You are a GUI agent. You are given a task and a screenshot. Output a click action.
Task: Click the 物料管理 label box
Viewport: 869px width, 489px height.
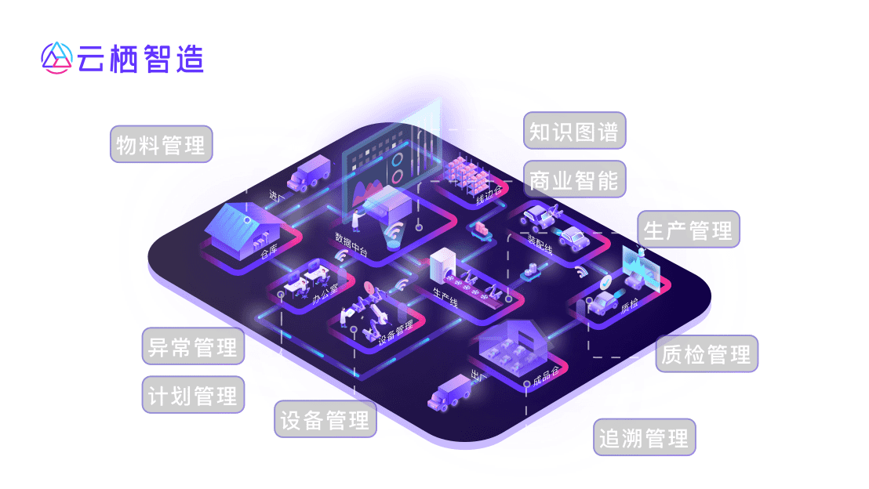click(161, 144)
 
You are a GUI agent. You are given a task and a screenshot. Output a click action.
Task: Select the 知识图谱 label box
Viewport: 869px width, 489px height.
click(574, 131)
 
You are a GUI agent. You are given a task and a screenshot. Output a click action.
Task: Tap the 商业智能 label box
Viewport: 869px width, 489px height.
click(574, 180)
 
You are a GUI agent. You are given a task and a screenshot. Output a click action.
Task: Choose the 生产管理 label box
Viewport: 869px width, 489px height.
click(688, 230)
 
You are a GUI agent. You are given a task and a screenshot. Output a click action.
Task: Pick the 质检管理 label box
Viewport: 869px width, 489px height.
click(707, 354)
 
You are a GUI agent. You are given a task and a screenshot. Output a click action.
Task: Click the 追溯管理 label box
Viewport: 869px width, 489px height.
click(644, 437)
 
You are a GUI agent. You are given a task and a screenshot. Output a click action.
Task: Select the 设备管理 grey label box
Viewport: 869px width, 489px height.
click(325, 419)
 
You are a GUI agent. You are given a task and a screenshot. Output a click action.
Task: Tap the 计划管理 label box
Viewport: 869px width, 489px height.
click(193, 395)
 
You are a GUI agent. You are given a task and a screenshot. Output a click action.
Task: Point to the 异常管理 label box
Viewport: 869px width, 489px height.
click(193, 346)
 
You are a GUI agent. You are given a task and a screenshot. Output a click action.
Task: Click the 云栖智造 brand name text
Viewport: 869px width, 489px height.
click(141, 58)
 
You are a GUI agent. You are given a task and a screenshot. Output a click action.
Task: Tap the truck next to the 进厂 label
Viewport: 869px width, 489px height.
click(309, 173)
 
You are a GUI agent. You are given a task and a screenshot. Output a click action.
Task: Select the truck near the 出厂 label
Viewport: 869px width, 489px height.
click(449, 392)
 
